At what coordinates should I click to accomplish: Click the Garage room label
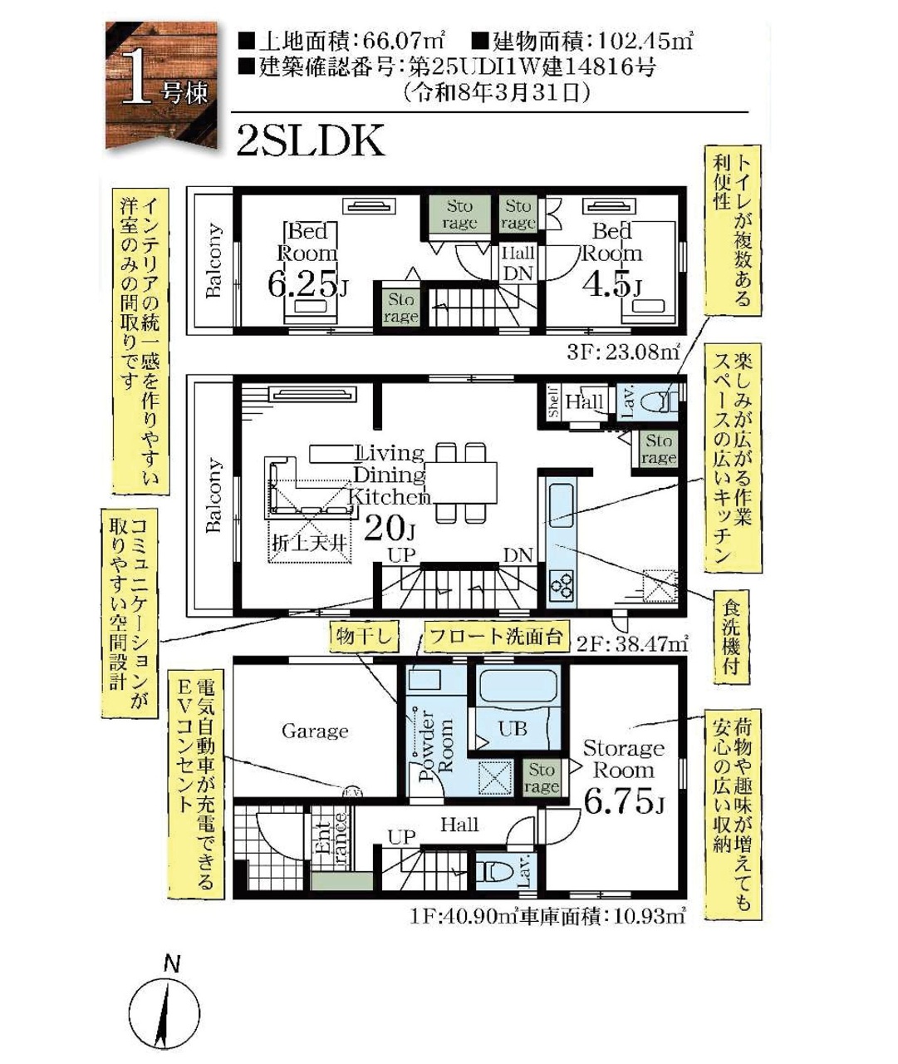click(315, 731)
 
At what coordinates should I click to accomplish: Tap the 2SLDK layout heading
click(311, 141)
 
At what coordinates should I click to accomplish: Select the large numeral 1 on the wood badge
click(138, 78)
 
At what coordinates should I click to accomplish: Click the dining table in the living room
click(460, 482)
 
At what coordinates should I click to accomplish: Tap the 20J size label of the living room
click(390, 530)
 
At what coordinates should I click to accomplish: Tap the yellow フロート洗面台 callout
click(496, 637)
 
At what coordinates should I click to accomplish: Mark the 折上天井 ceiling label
click(309, 544)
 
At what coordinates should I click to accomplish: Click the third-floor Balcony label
click(213, 260)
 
